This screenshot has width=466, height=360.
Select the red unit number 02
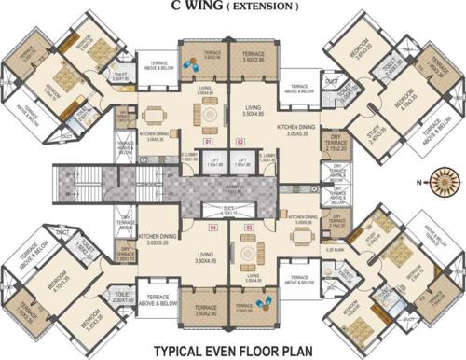pos(240,142)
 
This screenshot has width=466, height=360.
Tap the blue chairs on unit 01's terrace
pos(192,66)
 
